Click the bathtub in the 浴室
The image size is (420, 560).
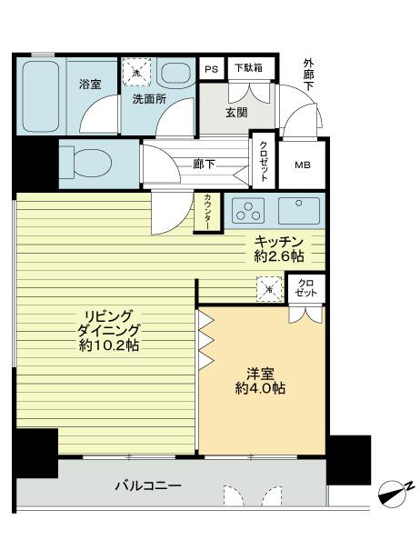coord(40,96)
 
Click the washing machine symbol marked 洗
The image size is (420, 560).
coord(136,73)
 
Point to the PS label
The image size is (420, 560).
coord(212,68)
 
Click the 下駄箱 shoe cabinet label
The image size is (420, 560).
coord(248,67)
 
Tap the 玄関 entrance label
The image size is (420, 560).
coord(236,113)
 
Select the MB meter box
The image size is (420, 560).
coord(303,165)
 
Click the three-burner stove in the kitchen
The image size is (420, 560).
coord(248,210)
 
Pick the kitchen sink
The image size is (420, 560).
coord(299,211)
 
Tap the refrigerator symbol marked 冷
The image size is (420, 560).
coord(270,289)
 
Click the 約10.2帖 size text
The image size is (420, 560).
coord(108,345)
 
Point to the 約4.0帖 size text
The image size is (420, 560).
coord(260,388)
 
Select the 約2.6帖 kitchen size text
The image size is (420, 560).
coord(279,255)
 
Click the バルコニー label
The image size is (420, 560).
coord(148,486)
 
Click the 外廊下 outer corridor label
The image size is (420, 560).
coord(308,75)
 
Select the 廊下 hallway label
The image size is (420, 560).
coord(205,165)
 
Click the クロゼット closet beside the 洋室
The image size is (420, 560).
coord(306,288)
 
